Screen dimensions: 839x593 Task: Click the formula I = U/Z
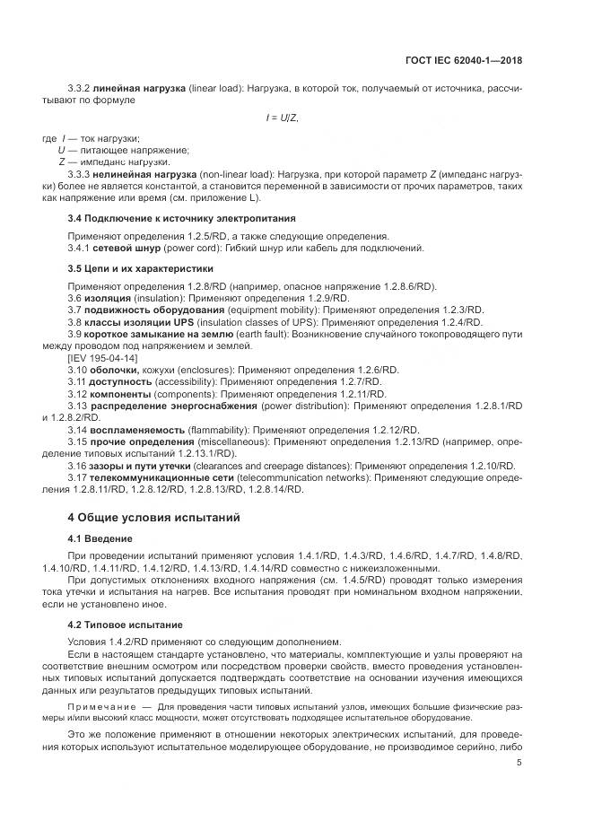pyautogui.click(x=282, y=118)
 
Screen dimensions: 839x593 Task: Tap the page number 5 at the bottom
pyautogui.click(x=519, y=763)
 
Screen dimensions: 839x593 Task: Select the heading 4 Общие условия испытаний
pyautogui.click(x=149, y=518)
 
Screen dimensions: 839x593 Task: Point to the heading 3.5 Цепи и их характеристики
pyautogui.click(x=141, y=268)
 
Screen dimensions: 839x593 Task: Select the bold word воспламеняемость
pyautogui.click(x=138, y=430)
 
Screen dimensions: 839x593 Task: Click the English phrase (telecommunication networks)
pyautogui.click(x=304, y=478)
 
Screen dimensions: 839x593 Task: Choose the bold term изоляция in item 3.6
pyautogui.click(x=112, y=298)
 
